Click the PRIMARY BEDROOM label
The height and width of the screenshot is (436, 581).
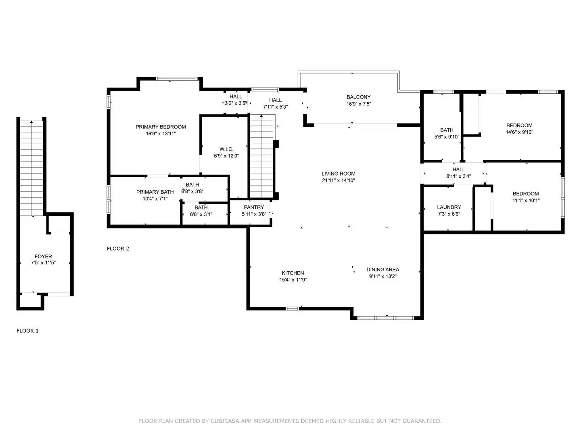coord(161,127)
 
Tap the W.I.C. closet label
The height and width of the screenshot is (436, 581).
coord(226,149)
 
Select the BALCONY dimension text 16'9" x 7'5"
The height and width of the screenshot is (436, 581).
coord(358,104)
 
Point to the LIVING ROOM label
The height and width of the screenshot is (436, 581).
coord(339,174)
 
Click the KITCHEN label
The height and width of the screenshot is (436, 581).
coord(293,273)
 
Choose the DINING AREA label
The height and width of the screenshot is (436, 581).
coord(382,270)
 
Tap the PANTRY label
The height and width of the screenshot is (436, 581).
coord(254,207)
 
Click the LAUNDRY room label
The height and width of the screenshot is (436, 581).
coord(449,207)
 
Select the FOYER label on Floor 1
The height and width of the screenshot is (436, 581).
coord(43,256)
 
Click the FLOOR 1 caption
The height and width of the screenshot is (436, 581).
coord(27,331)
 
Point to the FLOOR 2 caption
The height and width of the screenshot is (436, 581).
coord(118,249)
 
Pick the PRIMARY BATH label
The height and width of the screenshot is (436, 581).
coord(155,192)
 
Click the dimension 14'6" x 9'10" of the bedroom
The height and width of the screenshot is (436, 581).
coord(519,132)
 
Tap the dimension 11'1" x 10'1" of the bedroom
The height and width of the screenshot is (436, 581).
coord(526,200)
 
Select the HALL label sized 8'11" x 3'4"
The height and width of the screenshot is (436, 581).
coord(459,170)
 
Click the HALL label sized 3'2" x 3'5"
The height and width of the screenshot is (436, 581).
coord(236,96)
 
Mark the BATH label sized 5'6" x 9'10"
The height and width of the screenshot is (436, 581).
coord(447,130)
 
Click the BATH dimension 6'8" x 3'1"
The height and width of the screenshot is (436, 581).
coord(201,214)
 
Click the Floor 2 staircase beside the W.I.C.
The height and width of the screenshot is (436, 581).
coord(261,155)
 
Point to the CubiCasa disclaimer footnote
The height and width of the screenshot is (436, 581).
coord(290,421)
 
